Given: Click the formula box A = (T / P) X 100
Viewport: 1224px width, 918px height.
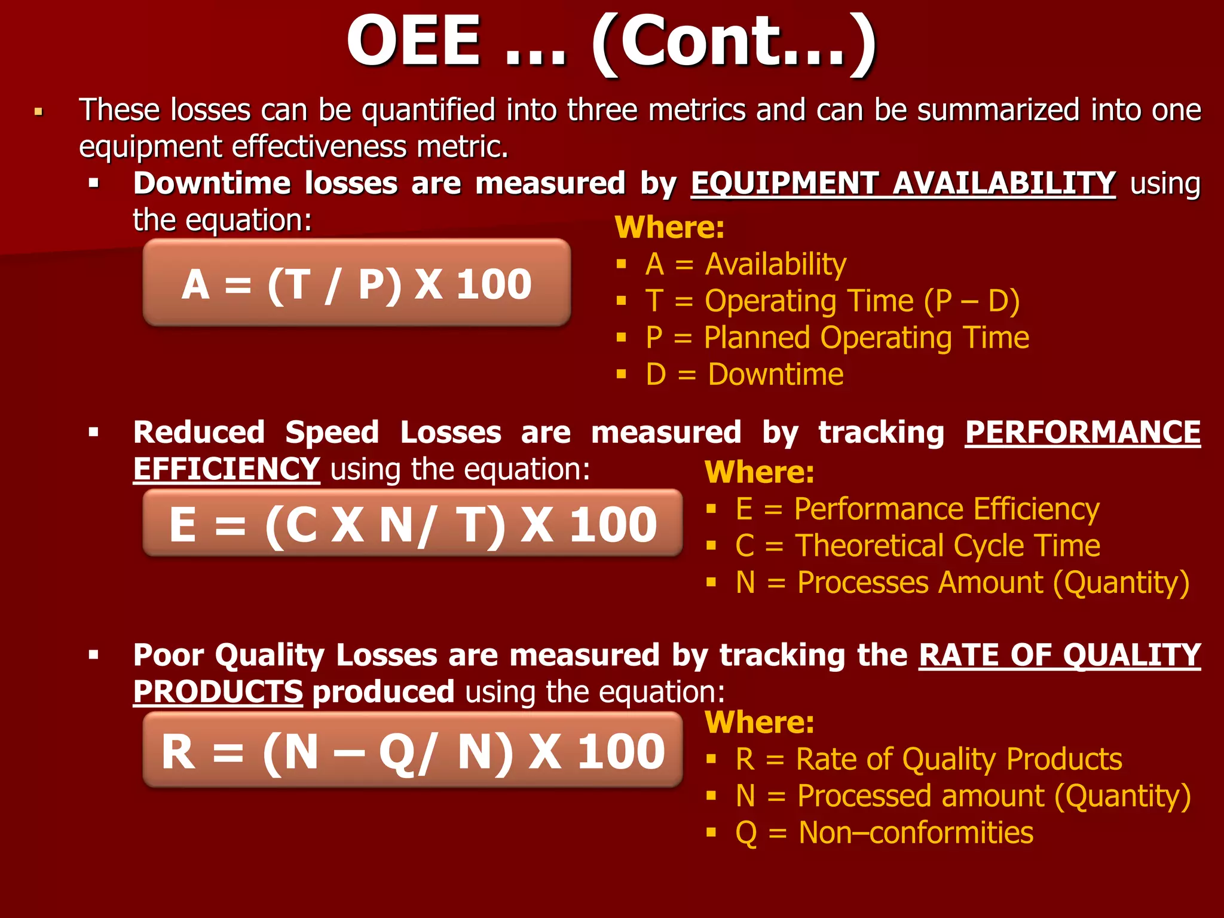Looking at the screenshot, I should pos(357,283).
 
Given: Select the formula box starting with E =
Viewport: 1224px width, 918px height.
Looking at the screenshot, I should pos(412,524).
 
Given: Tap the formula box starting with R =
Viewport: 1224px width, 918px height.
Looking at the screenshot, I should pos(412,750).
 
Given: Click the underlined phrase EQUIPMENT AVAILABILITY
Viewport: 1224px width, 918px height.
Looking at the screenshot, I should pos(903,183).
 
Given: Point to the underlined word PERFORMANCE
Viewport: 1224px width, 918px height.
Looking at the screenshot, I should pos(1082,432).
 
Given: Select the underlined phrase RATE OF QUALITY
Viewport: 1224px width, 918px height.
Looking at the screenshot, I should pos(1059,655).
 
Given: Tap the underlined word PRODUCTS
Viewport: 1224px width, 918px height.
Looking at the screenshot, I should pos(218,692).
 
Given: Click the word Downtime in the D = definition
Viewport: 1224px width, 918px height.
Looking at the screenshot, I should pos(775,375).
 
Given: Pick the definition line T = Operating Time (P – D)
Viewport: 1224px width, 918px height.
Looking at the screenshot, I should pos(832,301).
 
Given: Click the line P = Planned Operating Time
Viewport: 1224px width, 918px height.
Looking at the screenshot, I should pos(837,338).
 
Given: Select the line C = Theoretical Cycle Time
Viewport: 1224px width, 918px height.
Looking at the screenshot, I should pos(917,546).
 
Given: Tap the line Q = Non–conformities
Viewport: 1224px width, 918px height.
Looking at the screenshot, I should pos(884,833).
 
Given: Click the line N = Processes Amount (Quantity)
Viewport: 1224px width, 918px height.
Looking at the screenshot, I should pos(962,583).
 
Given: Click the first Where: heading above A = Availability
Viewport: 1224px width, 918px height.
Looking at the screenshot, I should pos(669,228).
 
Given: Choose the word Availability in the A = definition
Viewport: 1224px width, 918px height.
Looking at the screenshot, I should pos(775,264).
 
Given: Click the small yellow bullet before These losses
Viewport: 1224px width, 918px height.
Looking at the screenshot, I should pos(39,112).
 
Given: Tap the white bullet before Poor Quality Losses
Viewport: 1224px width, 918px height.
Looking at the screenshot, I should pos(93,655).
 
